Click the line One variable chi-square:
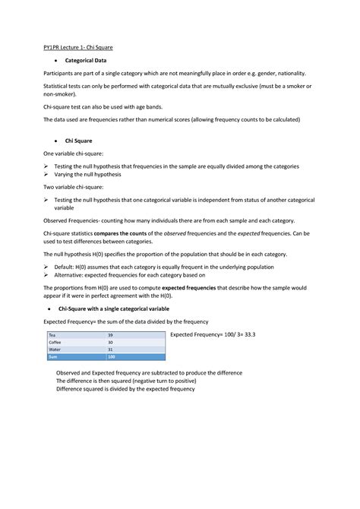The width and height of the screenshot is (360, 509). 74,154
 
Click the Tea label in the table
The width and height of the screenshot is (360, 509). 52,335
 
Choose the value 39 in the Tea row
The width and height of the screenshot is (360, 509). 111,335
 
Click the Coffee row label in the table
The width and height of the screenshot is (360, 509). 55,342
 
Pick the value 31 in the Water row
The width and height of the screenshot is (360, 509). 111,349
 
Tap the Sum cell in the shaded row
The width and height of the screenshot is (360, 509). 53,356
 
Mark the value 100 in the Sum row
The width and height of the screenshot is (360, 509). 112,356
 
